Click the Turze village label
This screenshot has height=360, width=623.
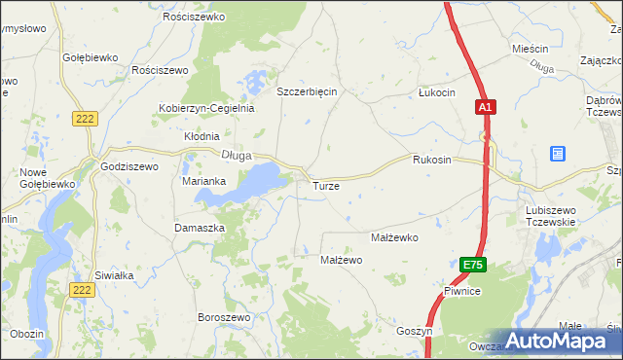[x=325, y=185]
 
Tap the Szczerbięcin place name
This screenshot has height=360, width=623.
[x=307, y=91]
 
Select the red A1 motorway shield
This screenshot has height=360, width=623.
[x=486, y=108]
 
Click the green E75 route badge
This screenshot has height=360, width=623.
[x=472, y=265]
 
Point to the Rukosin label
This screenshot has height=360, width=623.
[x=431, y=159]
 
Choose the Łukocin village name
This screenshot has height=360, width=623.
[x=436, y=92]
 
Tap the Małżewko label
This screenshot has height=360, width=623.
[x=394, y=237]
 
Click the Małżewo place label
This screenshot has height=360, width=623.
[x=342, y=260]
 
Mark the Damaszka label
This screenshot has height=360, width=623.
[x=200, y=227]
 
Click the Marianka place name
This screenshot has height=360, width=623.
[x=204, y=181]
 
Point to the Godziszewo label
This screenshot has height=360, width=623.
[x=129, y=166]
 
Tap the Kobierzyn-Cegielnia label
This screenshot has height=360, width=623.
[x=206, y=108]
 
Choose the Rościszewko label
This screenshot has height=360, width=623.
[x=195, y=18]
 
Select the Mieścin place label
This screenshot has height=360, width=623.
[x=531, y=48]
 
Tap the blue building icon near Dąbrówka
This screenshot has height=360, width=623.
[x=557, y=154]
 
